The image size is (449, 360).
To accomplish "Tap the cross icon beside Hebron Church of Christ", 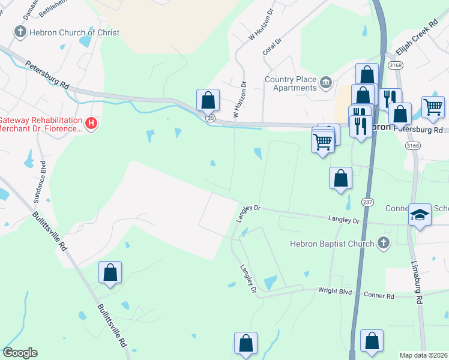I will [x=20, y=32].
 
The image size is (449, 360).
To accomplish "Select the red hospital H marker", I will [x=91, y=124].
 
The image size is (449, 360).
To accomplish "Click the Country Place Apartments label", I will [x=291, y=83].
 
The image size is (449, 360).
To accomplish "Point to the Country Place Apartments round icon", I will [x=326, y=82].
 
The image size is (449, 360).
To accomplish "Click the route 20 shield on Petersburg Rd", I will [x=210, y=119].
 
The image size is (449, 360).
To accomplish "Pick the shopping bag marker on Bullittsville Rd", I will [x=110, y=272].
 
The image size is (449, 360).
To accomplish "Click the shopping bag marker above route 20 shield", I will [x=208, y=100].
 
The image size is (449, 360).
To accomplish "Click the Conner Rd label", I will [x=381, y=296].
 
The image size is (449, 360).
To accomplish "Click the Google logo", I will [x=20, y=353].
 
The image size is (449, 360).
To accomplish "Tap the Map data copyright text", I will [x=424, y=355].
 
